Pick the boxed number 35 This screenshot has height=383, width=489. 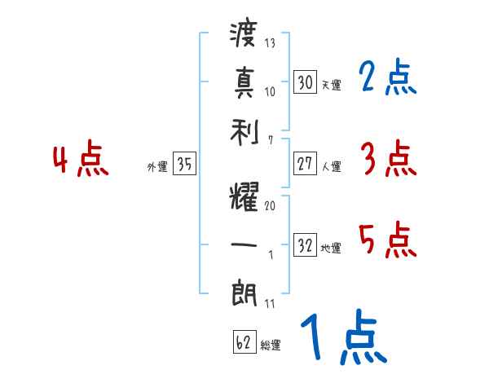coord(184,165)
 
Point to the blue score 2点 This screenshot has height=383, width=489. coord(388,78)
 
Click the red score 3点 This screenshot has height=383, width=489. coord(388,160)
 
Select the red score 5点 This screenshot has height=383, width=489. coord(388,240)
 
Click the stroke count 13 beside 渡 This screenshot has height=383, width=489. coord(270,43)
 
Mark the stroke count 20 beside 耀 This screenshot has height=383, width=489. coord(270,206)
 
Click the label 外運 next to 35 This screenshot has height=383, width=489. coord(156,168)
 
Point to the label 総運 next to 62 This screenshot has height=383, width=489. coord(271,346)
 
